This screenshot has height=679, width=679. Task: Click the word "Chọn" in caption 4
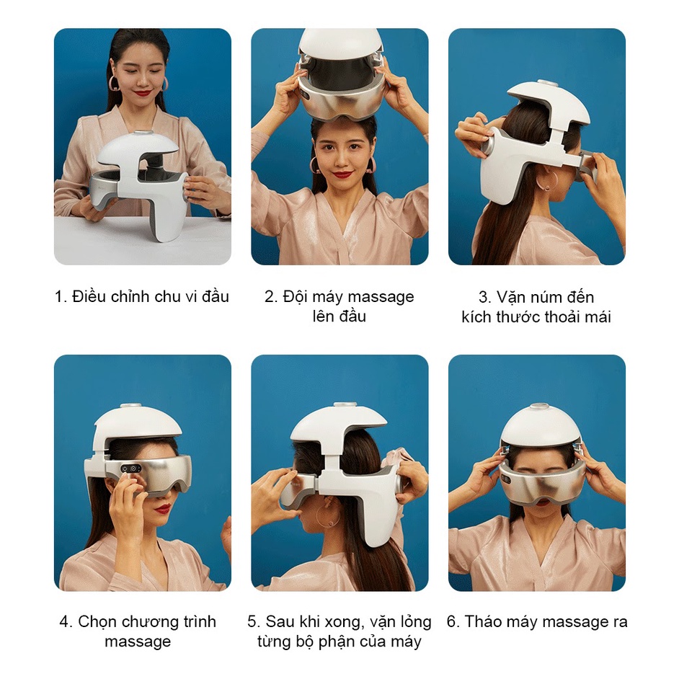(x=95, y=622)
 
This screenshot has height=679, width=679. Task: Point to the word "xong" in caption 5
(x=341, y=623)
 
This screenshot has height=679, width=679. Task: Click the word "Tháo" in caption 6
(x=479, y=622)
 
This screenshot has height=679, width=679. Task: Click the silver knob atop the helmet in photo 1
(x=142, y=134)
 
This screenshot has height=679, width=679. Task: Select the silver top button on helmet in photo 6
(x=536, y=407)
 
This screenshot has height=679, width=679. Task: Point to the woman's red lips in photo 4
(x=164, y=507)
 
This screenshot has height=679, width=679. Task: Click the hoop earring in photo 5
(x=328, y=515)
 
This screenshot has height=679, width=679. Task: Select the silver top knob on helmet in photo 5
(x=345, y=405)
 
